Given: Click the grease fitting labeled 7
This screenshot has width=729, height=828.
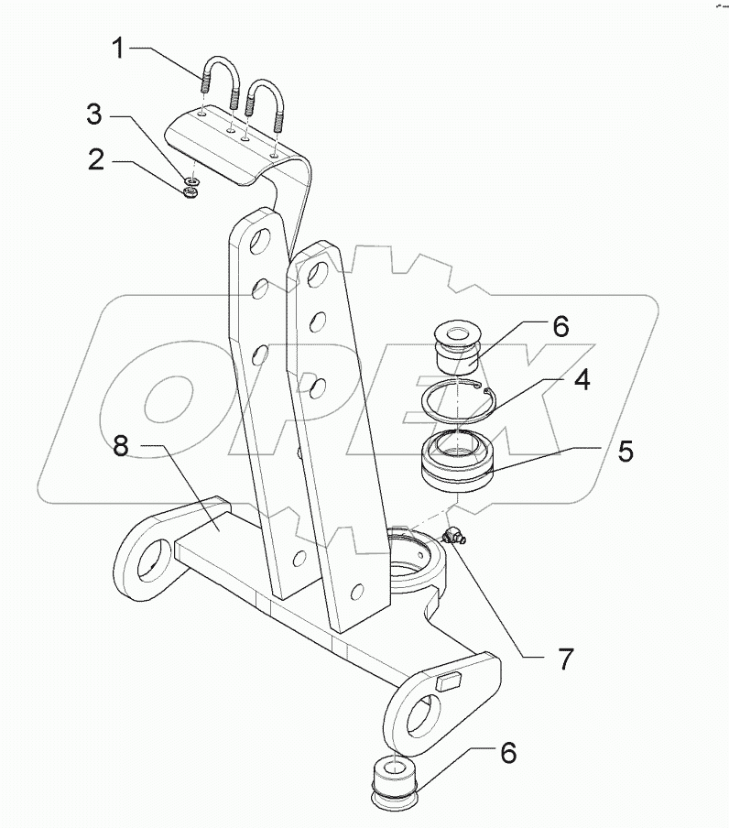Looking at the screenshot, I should pyautogui.click(x=453, y=537).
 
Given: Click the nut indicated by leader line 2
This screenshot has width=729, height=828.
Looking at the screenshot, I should pyautogui.click(x=191, y=191).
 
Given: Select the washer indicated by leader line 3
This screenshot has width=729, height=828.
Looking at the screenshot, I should pyautogui.click(x=193, y=180).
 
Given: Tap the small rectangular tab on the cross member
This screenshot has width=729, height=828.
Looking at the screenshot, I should pyautogui.click(x=450, y=681).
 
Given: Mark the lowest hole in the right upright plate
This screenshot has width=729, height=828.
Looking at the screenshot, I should pyautogui.click(x=356, y=592).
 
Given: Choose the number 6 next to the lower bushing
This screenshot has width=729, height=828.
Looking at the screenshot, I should pyautogui.click(x=506, y=753).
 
